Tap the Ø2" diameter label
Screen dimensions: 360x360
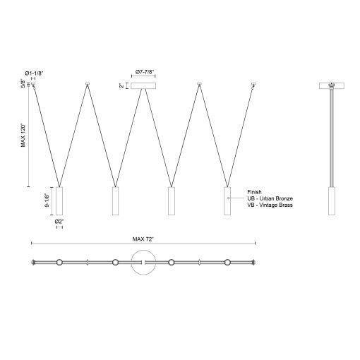(x=59, y=222)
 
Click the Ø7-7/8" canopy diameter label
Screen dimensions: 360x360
(x=145, y=71)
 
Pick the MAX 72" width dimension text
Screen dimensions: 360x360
(x=143, y=239)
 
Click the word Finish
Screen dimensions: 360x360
(x=255, y=191)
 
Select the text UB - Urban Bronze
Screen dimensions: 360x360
(x=270, y=198)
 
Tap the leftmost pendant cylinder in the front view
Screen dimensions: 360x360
(x=59, y=200)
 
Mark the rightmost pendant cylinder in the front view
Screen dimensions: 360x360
(x=227, y=200)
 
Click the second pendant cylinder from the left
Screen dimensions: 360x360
(x=115, y=200)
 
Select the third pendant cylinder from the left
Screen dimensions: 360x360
(x=171, y=200)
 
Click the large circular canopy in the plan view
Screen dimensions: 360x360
(x=143, y=263)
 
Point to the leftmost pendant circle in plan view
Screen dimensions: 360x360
(x=59, y=263)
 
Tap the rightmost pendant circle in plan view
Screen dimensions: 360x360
(x=227, y=263)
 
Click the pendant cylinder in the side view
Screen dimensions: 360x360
(x=331, y=200)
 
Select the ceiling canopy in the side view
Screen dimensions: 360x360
(x=331, y=85)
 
